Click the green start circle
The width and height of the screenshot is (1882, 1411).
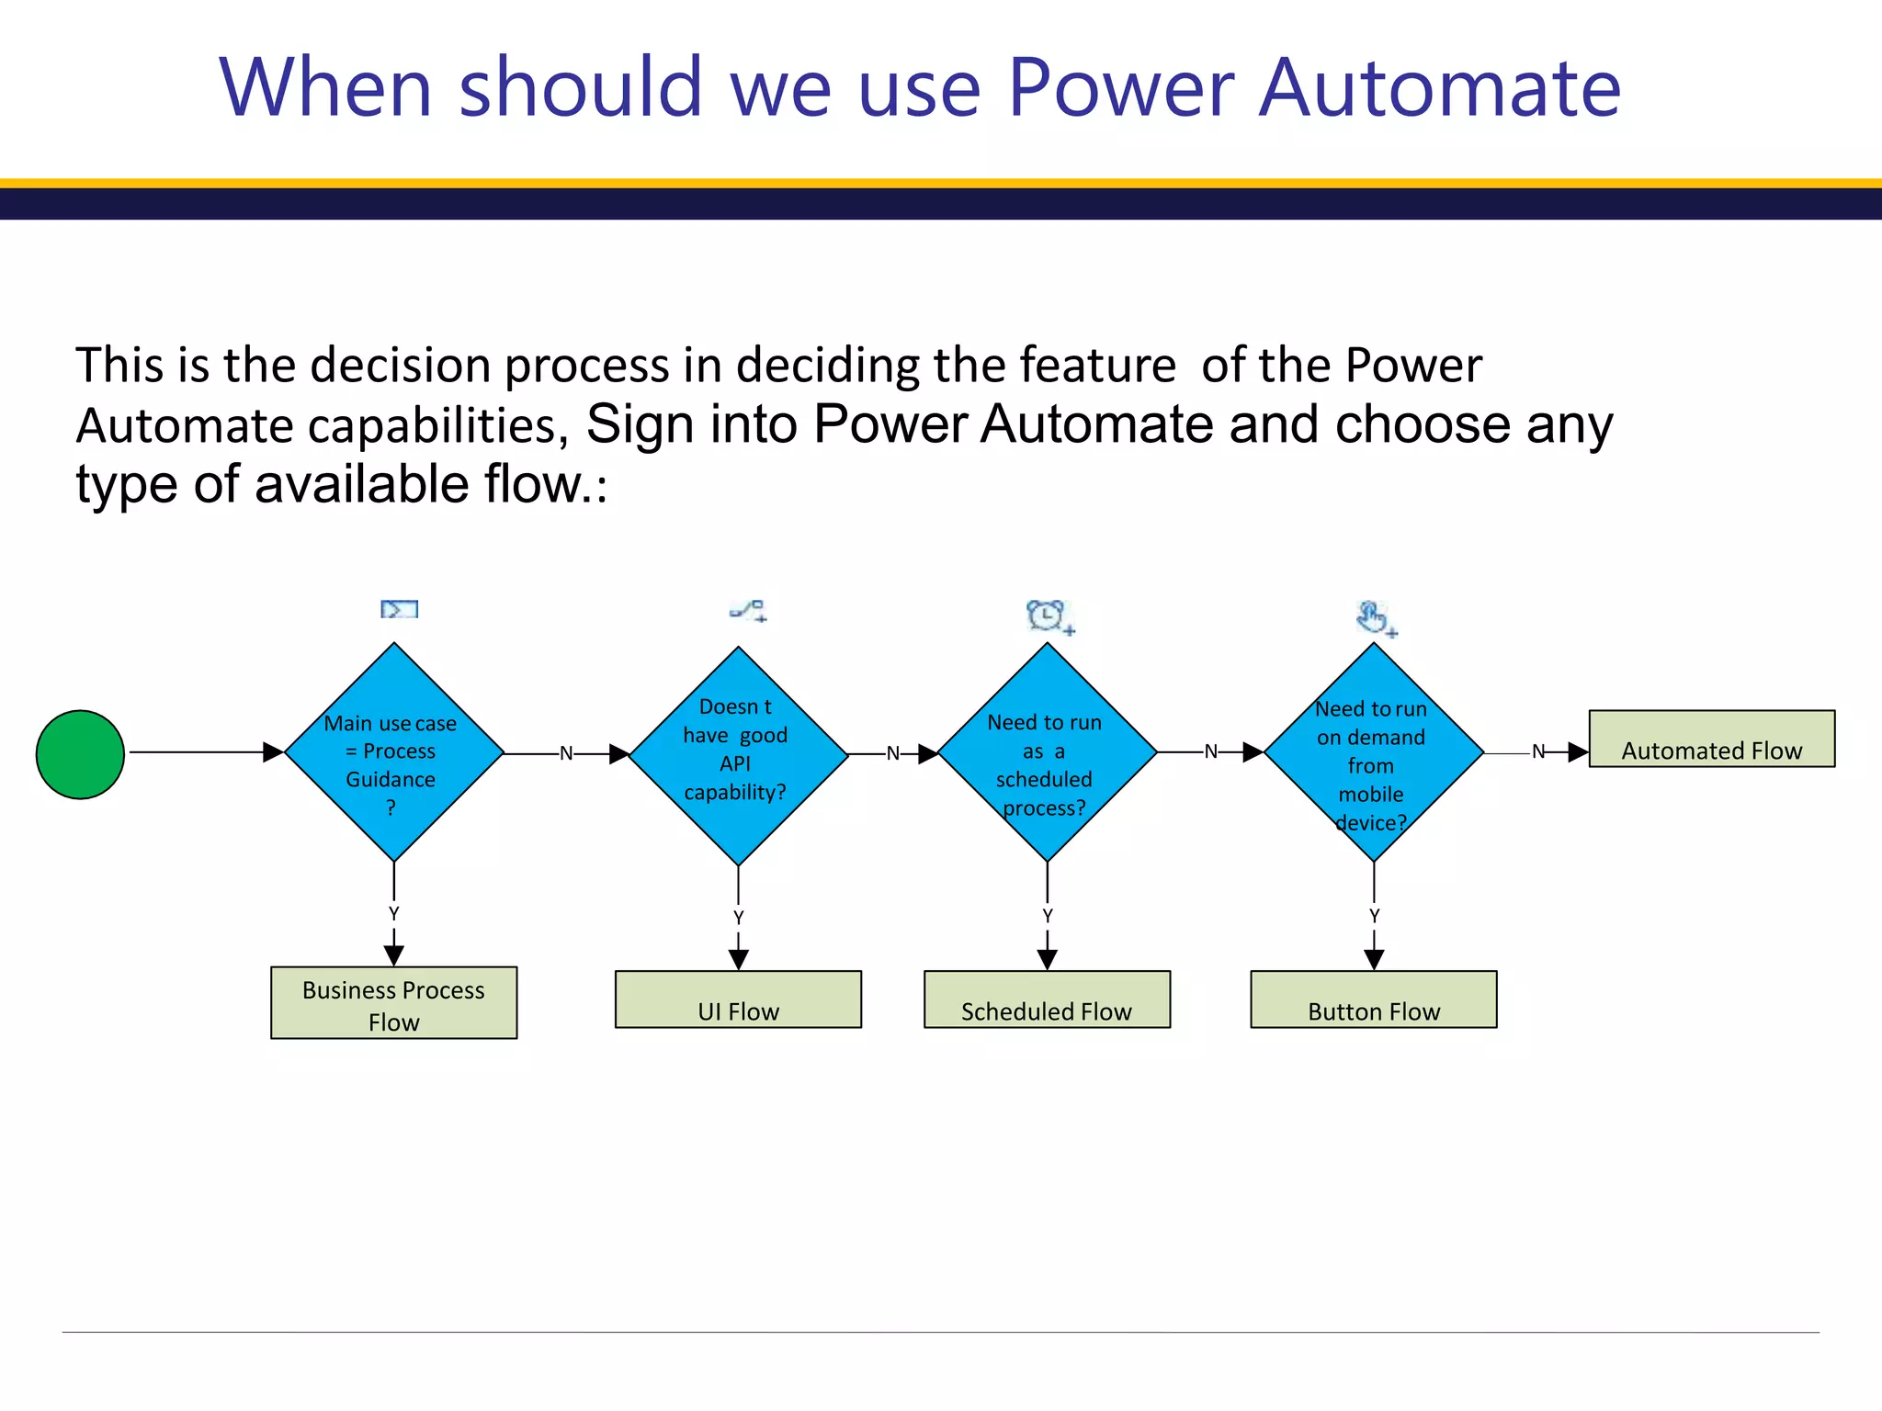point(80,754)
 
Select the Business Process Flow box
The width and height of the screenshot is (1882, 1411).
point(393,1003)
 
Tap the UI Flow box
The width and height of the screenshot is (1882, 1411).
point(738,999)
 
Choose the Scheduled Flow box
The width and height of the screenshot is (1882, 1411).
point(1047,999)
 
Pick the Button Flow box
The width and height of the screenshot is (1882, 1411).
point(1373,999)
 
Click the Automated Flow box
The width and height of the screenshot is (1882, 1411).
point(1711,739)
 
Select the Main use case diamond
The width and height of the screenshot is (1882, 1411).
point(394,752)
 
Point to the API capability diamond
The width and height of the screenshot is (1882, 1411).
point(738,755)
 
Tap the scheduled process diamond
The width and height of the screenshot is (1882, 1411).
point(1047,752)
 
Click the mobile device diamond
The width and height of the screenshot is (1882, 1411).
point(1373,752)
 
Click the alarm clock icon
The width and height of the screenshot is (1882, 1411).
point(1048,616)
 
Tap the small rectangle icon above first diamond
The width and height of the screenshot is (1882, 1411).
point(400,609)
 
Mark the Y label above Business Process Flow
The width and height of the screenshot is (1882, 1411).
point(394,914)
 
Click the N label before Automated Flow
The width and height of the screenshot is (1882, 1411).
point(1538,752)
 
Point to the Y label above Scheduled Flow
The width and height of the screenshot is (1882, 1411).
point(1048,916)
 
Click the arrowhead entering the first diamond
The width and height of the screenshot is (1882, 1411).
point(273,752)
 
